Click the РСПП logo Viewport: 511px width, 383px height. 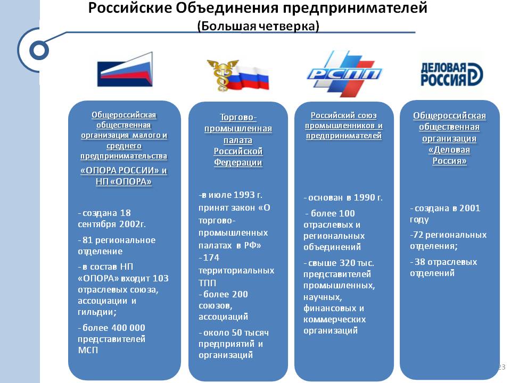pyautogui.click(x=344, y=74)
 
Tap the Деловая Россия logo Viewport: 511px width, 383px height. pyautogui.click(x=451, y=74)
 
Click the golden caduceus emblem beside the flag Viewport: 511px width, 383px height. pyautogui.click(x=222, y=75)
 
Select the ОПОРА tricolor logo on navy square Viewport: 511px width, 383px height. pyautogui.click(x=125, y=69)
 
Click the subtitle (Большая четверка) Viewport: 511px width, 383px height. pyautogui.click(x=258, y=26)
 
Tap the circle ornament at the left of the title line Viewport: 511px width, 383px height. pyautogui.click(x=39, y=50)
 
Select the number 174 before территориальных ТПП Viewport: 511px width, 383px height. pyautogui.click(x=211, y=257)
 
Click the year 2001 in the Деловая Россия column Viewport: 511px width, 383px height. pyautogui.click(x=469, y=208)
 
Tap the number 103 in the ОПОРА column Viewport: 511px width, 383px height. pyautogui.click(x=160, y=278)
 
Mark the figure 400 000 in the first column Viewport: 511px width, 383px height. pyautogui.click(x=128, y=328)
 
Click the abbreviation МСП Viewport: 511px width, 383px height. pyautogui.click(x=88, y=350)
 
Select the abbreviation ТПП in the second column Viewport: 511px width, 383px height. pyautogui.click(x=207, y=282)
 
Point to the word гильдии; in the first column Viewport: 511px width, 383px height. pyautogui.click(x=97, y=312)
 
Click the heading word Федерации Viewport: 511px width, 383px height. pyautogui.click(x=238, y=162)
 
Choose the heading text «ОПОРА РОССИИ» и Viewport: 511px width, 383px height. pyautogui.click(x=123, y=170)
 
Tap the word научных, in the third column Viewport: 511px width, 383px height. pyautogui.click(x=323, y=297)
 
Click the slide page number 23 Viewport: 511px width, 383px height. pyautogui.click(x=501, y=367)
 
